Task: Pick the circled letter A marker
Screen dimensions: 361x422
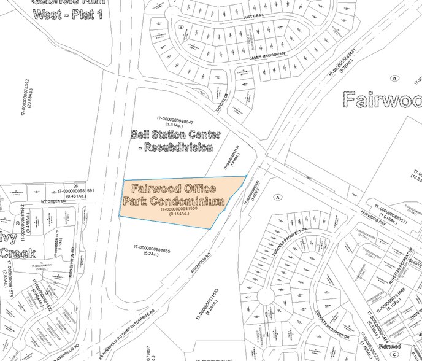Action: click(278, 197)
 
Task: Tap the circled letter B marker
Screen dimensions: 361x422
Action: click(396, 78)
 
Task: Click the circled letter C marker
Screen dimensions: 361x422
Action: click(182, 27)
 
